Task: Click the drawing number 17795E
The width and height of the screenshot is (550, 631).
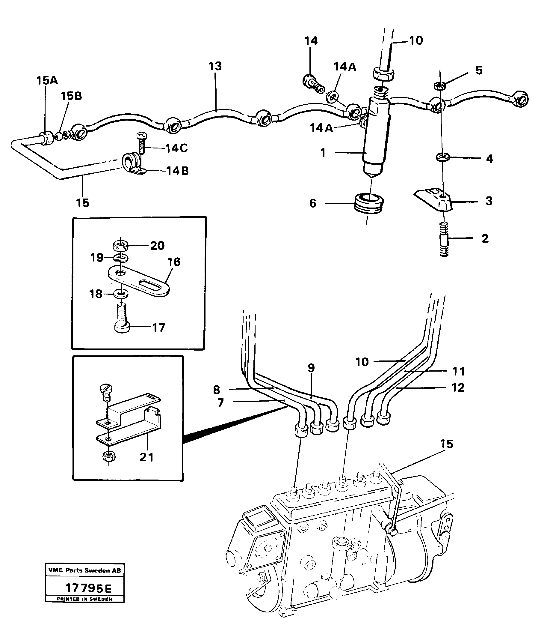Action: pos(88,589)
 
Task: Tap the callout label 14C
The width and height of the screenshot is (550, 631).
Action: pos(176,148)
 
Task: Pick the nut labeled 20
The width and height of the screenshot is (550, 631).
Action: pos(120,245)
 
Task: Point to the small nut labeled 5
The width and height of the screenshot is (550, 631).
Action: pos(440,86)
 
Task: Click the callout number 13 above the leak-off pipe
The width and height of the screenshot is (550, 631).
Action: pos(215,66)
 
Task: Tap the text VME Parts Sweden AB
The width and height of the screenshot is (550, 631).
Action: pos(84,570)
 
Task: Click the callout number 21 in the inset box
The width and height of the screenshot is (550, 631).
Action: pos(146,457)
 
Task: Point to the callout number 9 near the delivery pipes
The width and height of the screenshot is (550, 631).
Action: pos(311,368)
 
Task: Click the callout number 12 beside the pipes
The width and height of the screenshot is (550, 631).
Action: pos(458,388)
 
